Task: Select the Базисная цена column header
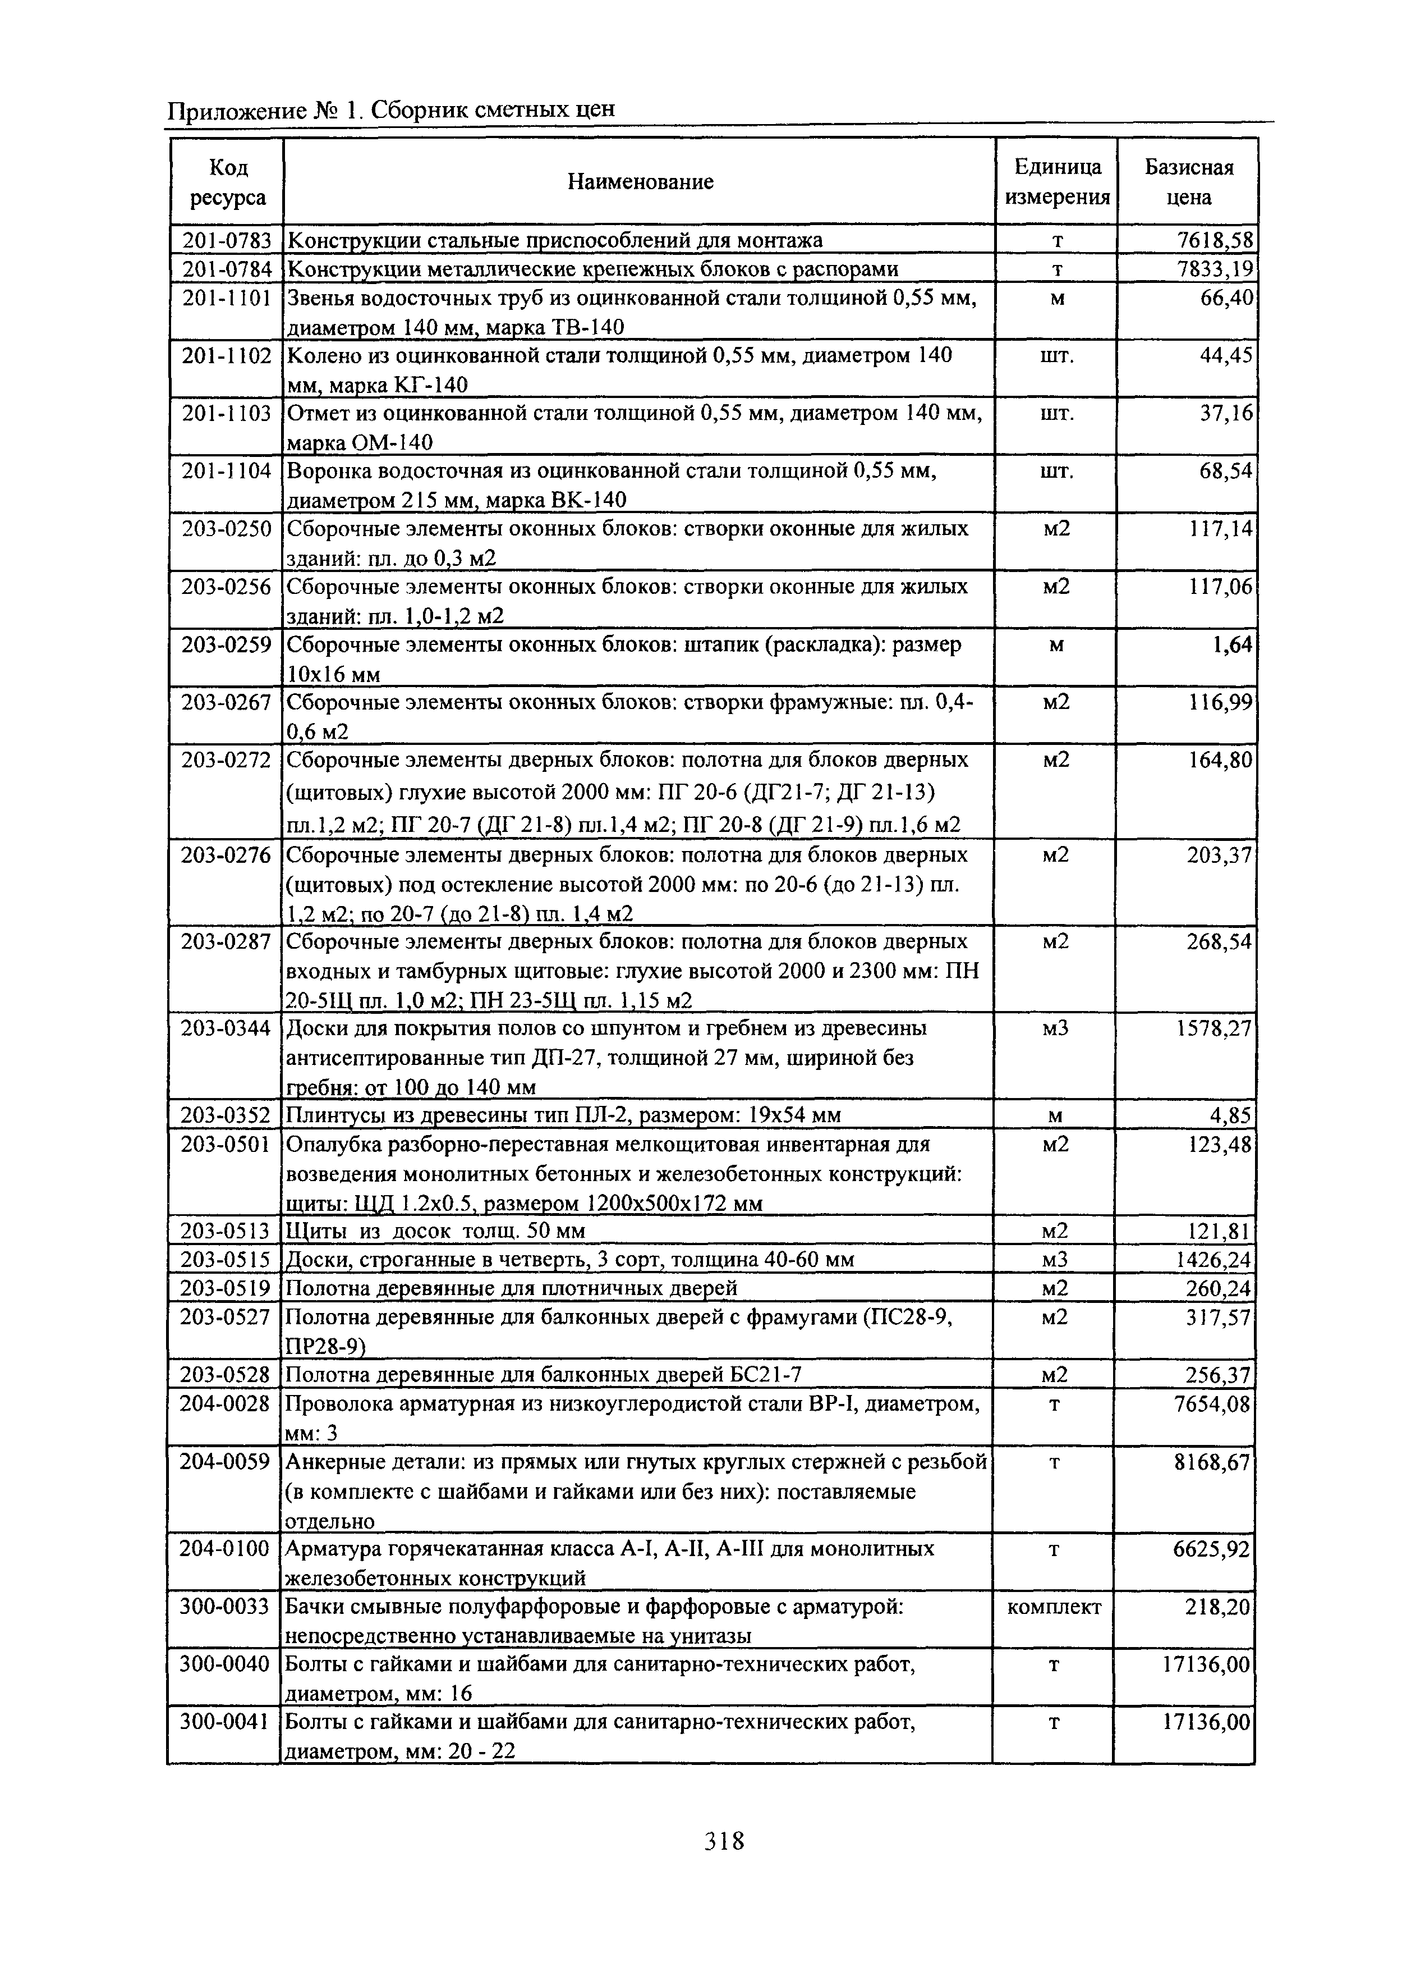coord(1188,181)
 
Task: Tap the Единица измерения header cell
coord(1056,181)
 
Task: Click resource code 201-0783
coord(226,239)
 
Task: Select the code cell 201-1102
coord(226,356)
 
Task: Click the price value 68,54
coord(1225,472)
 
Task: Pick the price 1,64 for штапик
coord(1232,645)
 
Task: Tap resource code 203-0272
coord(226,760)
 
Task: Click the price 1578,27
coord(1211,1028)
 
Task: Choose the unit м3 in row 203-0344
coord(1055,1028)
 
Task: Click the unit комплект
coord(1054,1607)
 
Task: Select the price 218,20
coord(1218,1607)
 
